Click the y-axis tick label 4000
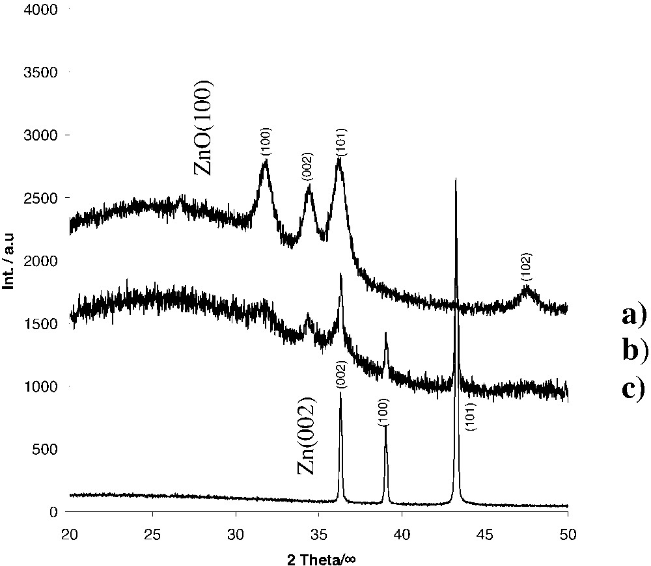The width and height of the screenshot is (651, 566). (40, 10)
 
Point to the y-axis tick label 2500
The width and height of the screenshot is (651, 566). (40, 198)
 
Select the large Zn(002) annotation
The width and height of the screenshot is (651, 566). (307, 435)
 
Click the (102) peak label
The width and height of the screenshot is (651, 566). (527, 267)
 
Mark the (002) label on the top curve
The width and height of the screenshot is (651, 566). (308, 168)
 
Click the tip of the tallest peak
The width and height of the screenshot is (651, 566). (456, 178)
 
